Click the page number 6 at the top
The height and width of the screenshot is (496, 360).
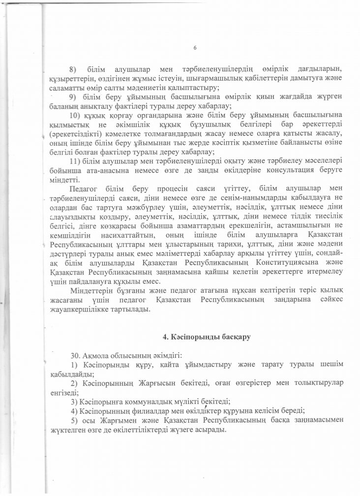point(195,48)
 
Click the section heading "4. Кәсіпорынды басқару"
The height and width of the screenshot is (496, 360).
point(207,337)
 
